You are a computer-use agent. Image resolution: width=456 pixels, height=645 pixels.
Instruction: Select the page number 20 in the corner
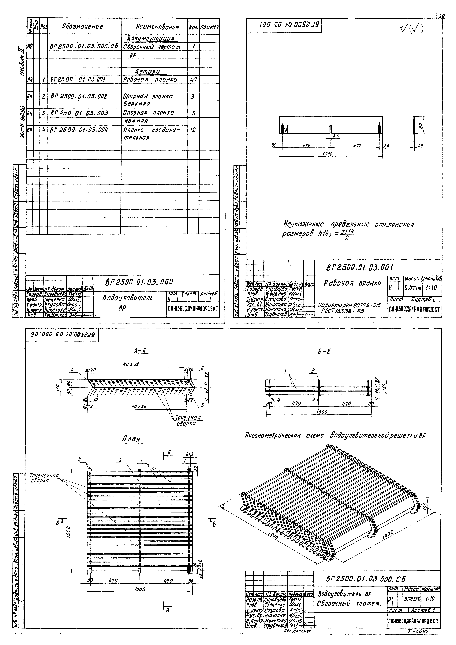[442, 16]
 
